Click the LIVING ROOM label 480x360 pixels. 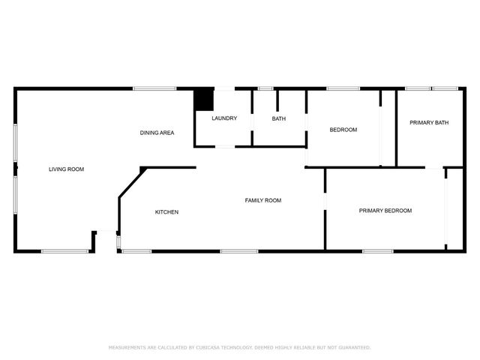click(67, 169)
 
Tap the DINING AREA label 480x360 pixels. click(157, 133)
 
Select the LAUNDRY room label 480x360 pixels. click(224, 118)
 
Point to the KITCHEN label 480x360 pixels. click(166, 212)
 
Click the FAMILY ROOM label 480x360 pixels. click(263, 200)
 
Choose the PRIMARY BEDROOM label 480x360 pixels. click(385, 211)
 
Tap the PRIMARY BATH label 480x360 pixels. click(429, 123)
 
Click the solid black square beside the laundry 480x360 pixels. click(204, 99)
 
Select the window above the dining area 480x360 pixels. click(154, 88)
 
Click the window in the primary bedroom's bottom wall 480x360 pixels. click(378, 252)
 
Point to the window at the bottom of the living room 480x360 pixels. click(65, 252)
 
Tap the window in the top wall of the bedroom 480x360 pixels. click(343, 88)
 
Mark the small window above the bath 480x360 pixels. click(265, 88)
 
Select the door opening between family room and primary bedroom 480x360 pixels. click(325, 202)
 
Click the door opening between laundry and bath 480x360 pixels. click(252, 123)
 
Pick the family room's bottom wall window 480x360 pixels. click(239, 252)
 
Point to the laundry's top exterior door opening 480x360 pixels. click(224, 88)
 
